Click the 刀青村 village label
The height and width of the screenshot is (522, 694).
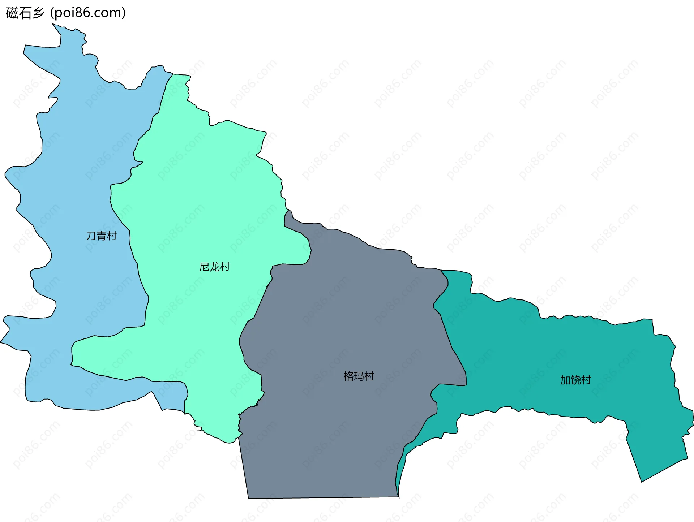tap(102, 236)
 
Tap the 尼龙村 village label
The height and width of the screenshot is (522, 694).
tap(214, 267)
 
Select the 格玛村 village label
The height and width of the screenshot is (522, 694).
tap(359, 376)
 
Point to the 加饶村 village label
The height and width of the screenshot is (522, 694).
tap(575, 380)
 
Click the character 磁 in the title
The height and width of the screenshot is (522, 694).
tap(12, 13)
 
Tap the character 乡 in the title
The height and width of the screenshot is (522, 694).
tap(38, 13)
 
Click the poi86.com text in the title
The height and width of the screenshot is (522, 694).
tap(88, 13)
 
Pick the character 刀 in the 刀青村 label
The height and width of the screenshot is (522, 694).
tap(91, 236)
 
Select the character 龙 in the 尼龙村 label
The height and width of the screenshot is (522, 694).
tap(215, 267)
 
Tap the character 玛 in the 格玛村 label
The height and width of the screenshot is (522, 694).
tap(359, 376)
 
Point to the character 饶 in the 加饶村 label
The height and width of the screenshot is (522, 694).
tap(576, 380)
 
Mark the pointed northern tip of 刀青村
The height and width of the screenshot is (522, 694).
tap(53, 24)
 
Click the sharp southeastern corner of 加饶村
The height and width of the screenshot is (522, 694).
tap(642, 482)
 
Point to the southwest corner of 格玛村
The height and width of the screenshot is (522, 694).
tap(249, 498)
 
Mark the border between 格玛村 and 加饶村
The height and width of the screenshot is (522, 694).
tap(452, 347)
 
